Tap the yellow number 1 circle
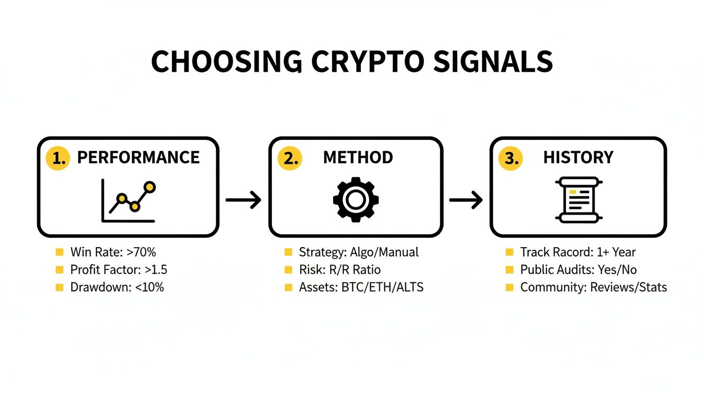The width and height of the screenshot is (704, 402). (58, 158)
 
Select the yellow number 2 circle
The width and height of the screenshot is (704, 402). (290, 158)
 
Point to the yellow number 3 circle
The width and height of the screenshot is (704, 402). (511, 158)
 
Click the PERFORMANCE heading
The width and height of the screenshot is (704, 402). (138, 158)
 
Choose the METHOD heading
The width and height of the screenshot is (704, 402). (358, 158)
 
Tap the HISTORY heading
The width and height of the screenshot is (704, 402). (578, 158)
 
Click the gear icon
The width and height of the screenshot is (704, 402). (356, 199)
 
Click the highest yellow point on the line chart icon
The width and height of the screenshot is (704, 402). (150, 186)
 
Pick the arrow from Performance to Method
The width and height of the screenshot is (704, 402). (243, 200)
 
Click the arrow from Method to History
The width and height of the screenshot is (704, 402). (466, 200)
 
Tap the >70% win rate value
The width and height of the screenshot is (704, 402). (141, 252)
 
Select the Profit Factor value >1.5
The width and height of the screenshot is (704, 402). (156, 270)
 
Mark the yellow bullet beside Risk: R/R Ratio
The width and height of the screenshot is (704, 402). (288, 270)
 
